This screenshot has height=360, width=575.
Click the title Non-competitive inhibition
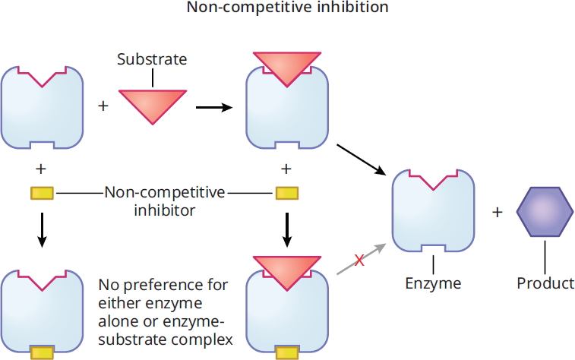[287, 8]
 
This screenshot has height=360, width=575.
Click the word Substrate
[152, 59]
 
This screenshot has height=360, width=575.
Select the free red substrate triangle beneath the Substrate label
[153, 106]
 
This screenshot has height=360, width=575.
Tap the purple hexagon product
[545, 212]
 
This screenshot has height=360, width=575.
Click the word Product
[545, 283]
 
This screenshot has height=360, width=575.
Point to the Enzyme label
[433, 283]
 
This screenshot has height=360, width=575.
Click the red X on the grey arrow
[359, 261]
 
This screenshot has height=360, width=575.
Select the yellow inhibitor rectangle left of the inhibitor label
[42, 193]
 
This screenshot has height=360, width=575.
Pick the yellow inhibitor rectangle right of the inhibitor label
[287, 193]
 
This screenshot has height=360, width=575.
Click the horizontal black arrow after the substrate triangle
[214, 107]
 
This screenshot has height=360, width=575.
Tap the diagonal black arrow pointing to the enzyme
[362, 159]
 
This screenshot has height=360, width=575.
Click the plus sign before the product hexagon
[497, 212]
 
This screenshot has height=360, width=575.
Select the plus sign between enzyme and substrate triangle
[103, 106]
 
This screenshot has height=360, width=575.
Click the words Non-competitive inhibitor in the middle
[165, 201]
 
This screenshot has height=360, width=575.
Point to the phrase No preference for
[163, 285]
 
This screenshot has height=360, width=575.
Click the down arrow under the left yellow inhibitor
[43, 230]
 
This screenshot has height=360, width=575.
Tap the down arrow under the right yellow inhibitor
[287, 230]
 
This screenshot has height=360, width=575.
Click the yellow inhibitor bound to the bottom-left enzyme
[43, 352]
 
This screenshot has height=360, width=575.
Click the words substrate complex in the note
[166, 339]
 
